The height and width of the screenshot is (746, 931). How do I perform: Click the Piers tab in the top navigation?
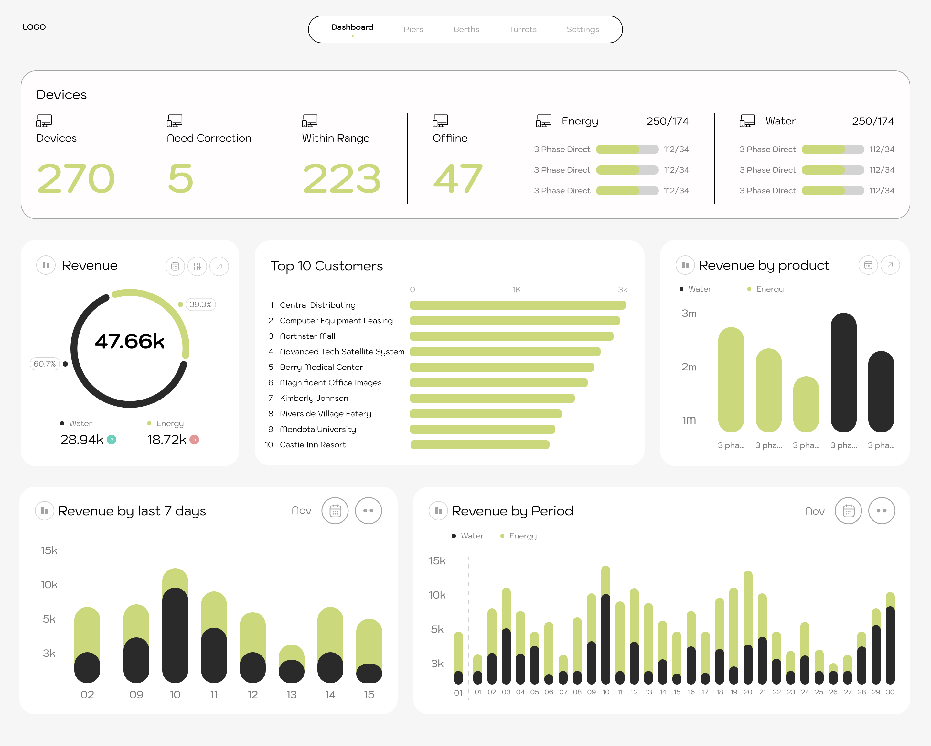click(413, 29)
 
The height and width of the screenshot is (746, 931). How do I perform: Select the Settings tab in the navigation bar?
click(583, 29)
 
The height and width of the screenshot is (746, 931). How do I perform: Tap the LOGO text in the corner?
click(34, 27)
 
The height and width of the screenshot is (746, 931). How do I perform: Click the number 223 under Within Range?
click(342, 179)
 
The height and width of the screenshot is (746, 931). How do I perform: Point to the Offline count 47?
click(458, 179)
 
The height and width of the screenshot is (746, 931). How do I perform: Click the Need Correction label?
click(209, 138)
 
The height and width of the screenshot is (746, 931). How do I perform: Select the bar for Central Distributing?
click(517, 305)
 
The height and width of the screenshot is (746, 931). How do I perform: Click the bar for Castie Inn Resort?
click(479, 445)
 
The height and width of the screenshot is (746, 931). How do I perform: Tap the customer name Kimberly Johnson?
click(314, 398)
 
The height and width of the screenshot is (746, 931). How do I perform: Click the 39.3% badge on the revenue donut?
click(200, 304)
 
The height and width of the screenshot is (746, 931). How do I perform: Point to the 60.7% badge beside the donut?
click(45, 364)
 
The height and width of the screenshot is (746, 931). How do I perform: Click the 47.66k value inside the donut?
click(130, 341)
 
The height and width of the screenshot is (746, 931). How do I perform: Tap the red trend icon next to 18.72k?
click(194, 440)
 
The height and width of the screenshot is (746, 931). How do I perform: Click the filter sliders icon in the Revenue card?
click(197, 266)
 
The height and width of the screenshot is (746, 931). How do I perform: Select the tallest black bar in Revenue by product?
click(843, 372)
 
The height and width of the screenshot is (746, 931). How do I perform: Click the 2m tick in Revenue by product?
click(689, 367)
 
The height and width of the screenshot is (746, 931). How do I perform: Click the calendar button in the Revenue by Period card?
click(848, 511)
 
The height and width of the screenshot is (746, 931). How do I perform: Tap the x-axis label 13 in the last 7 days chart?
click(292, 694)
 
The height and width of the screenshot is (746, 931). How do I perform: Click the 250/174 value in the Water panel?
click(873, 121)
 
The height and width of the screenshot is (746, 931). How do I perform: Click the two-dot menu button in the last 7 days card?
click(368, 511)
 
